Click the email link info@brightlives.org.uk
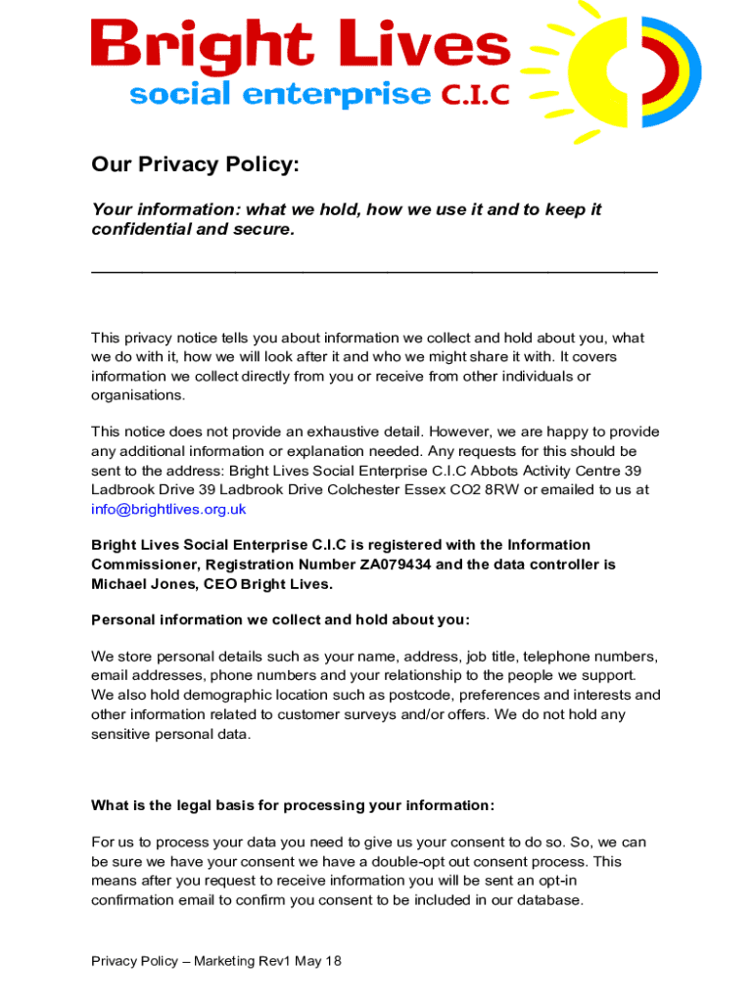pyautogui.click(x=168, y=509)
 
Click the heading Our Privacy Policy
pyautogui.click(x=195, y=164)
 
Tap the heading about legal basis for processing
pyautogui.click(x=293, y=805)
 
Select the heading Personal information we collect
pyautogui.click(x=280, y=619)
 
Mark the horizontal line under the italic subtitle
pyautogui.click(x=374, y=270)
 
